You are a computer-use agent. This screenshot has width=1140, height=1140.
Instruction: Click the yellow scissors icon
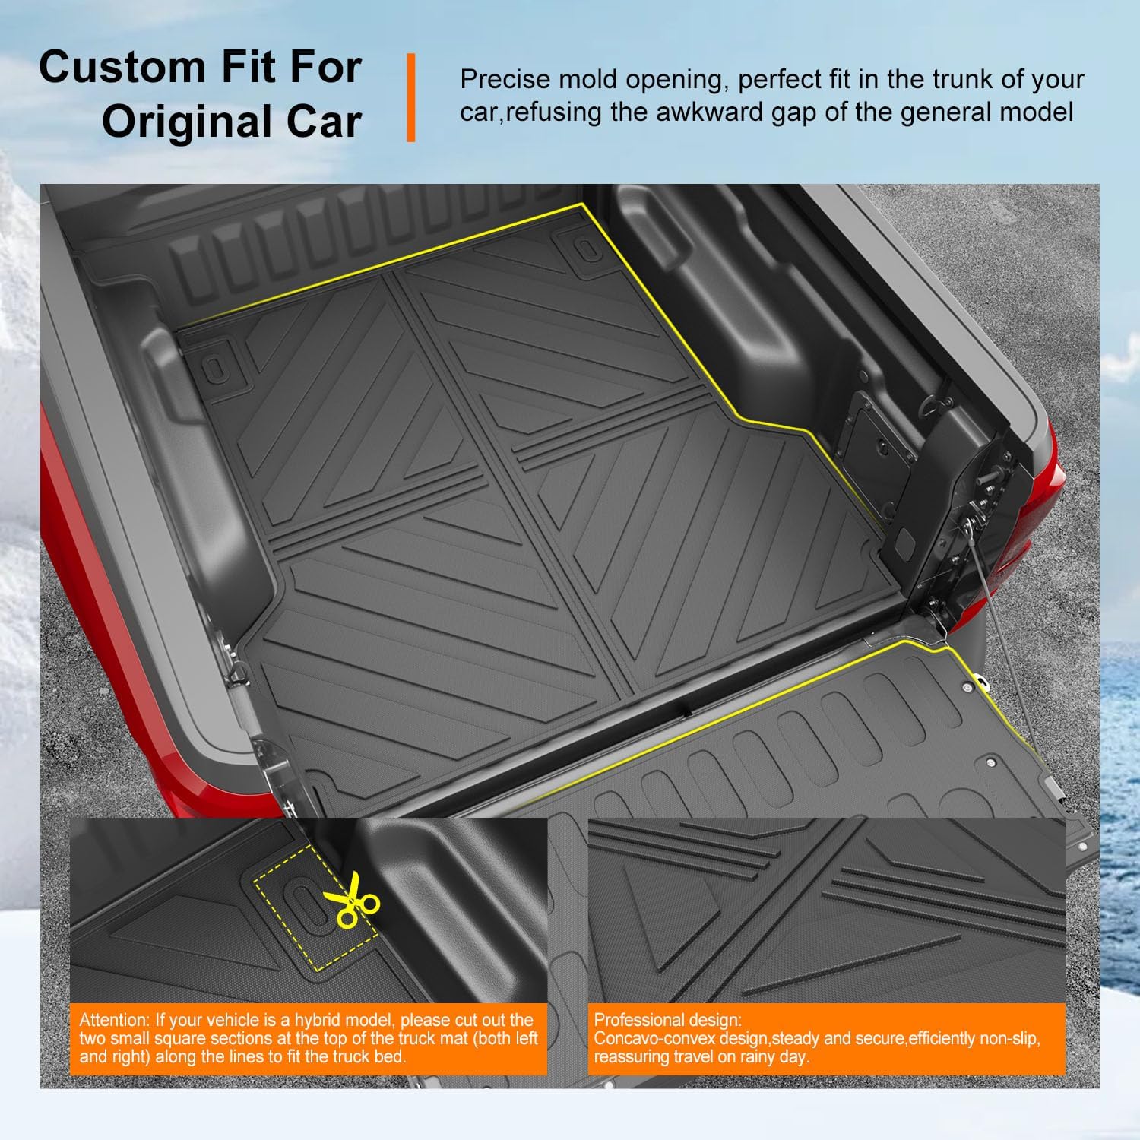351,900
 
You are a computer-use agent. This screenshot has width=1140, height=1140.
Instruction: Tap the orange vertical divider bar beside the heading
411,97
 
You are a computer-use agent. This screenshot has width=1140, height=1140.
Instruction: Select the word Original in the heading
182,122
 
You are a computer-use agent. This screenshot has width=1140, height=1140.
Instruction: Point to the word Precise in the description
504,80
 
